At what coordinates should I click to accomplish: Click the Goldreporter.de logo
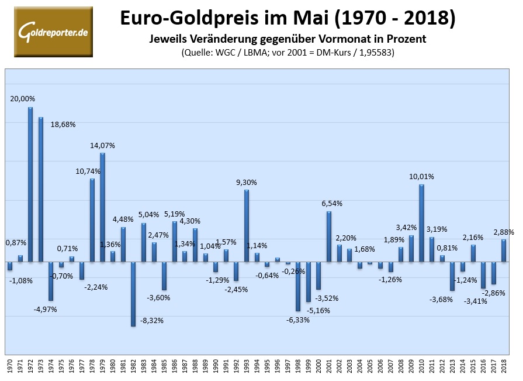click(53, 31)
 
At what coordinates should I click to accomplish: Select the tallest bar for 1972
click(30, 184)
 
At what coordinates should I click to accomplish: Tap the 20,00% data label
click(22, 99)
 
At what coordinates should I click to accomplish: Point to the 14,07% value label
click(102, 145)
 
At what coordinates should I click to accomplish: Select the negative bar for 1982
click(133, 293)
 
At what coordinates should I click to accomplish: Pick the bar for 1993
click(247, 225)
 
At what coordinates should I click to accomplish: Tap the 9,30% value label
click(247, 183)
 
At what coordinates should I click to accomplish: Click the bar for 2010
click(421, 222)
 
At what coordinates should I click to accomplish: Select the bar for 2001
click(329, 236)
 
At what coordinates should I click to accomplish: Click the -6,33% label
click(298, 320)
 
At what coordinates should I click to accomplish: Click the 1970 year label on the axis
click(10, 366)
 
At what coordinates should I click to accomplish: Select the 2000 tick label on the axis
click(319, 366)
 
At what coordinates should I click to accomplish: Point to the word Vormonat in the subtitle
click(344, 39)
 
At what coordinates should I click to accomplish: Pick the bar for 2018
click(504, 250)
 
